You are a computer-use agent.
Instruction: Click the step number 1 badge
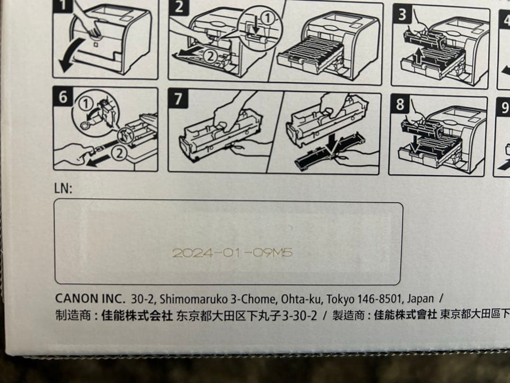[x=61, y=5]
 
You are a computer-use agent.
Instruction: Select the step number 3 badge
[x=401, y=14]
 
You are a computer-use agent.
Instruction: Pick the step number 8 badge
[x=400, y=104]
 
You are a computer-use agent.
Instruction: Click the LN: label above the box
[x=63, y=189]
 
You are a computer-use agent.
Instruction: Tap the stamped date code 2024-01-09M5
[x=232, y=253]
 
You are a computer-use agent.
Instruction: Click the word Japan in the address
[x=420, y=299]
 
